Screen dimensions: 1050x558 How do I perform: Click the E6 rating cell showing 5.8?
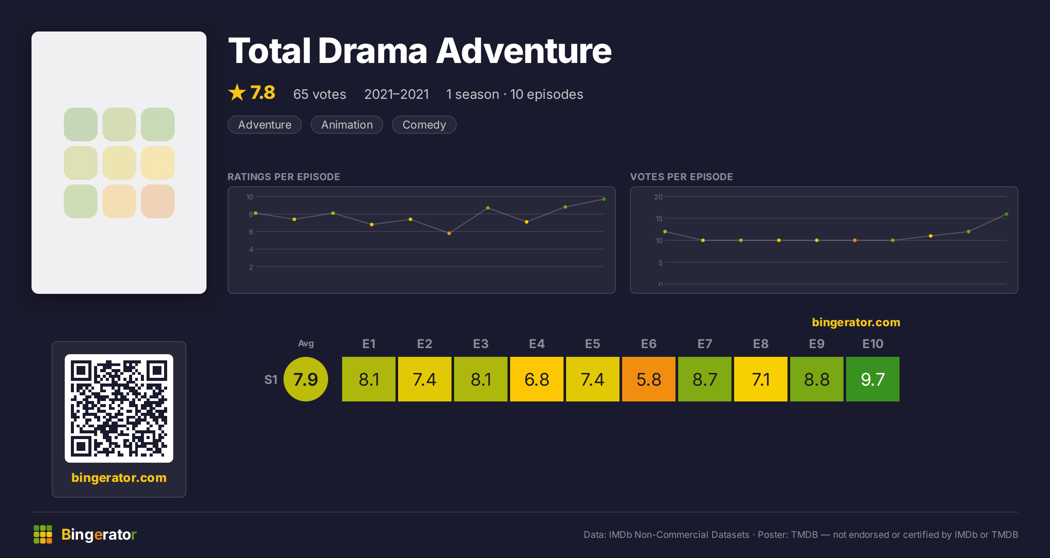[x=649, y=379]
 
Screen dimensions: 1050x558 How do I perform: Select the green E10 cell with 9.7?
[x=873, y=379]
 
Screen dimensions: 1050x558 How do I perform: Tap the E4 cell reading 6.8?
[x=537, y=379]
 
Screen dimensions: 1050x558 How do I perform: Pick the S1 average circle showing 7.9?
[x=306, y=379]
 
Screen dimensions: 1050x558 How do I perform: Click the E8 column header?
[x=761, y=344]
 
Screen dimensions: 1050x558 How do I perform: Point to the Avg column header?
[x=306, y=343]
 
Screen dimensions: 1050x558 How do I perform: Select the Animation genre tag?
[x=347, y=125]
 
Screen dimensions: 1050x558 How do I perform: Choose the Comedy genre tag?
[x=424, y=125]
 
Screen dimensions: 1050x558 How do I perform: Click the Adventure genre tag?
[x=265, y=125]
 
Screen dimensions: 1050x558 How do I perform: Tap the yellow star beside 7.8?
[x=237, y=92]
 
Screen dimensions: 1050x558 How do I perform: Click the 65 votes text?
[x=320, y=94]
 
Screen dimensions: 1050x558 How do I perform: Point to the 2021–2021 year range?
[x=396, y=94]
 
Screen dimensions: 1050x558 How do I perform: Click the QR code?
[x=119, y=408]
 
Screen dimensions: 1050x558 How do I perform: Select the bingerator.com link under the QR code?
[x=119, y=478]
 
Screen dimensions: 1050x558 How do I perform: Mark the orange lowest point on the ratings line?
[x=449, y=233]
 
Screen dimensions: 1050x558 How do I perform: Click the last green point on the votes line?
[x=1007, y=214]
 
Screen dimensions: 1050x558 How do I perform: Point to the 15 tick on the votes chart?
[x=659, y=219]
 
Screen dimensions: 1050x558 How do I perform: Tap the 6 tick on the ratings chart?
[x=251, y=232]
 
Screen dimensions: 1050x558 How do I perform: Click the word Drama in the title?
[x=372, y=51]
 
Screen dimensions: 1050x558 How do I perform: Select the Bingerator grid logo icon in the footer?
[x=43, y=534]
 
